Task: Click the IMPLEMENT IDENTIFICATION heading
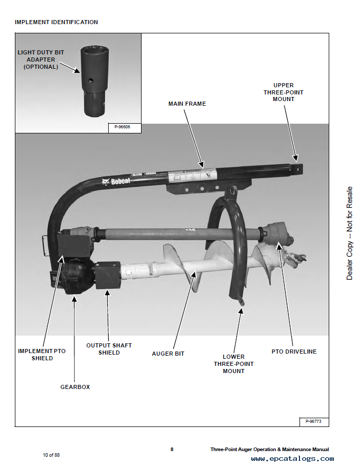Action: (56, 22)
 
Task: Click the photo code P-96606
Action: (119, 127)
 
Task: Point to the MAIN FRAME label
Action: (187, 104)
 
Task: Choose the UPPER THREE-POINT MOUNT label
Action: (284, 92)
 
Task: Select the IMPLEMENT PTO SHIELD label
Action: (42, 355)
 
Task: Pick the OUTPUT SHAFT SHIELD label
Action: (109, 349)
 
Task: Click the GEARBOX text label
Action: (75, 387)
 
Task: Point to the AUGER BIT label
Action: (168, 354)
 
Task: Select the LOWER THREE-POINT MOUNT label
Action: (233, 363)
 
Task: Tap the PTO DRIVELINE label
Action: (294, 352)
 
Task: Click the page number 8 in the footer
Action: (172, 450)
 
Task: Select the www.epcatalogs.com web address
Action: (292, 459)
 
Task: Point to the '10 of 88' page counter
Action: (51, 455)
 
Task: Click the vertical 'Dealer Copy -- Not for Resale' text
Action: (350, 233)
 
